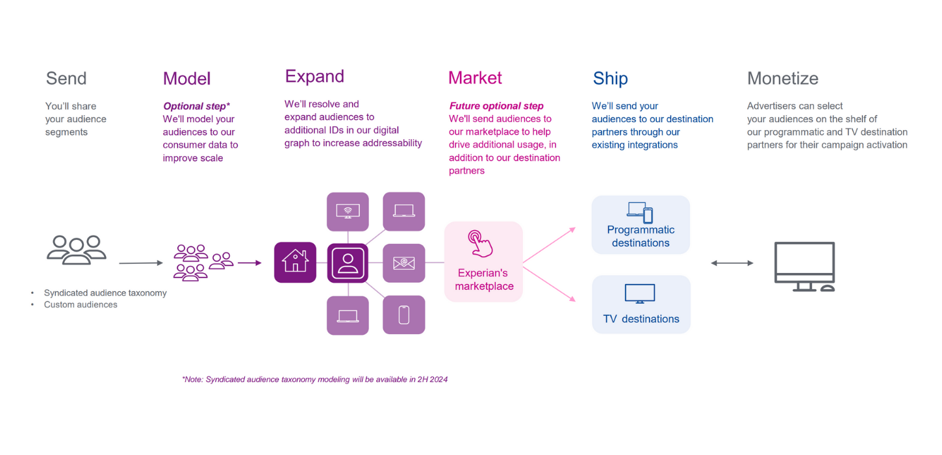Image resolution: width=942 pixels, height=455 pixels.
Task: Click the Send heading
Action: pos(66,79)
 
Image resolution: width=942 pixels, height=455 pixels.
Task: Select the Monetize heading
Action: pos(782,79)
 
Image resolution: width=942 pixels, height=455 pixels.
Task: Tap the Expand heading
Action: pos(314,77)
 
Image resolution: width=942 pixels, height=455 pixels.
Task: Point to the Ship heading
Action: pos(610,79)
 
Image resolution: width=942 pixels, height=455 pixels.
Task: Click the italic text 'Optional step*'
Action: pos(196,106)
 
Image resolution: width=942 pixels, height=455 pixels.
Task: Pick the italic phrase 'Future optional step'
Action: pos(496,106)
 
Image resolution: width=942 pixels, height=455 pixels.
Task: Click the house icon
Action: pos(295,262)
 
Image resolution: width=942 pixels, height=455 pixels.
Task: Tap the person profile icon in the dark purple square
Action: pos(348,262)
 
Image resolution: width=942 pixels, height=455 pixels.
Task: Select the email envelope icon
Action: pos(403,263)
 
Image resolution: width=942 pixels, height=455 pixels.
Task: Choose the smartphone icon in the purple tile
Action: pos(403,315)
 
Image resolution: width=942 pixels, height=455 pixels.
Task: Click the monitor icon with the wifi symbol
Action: pos(348,211)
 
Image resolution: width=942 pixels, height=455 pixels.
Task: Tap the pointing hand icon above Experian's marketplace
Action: pos(481,244)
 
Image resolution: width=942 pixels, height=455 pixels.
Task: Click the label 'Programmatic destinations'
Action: pos(641,236)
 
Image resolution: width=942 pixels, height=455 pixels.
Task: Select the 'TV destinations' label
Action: pos(641,318)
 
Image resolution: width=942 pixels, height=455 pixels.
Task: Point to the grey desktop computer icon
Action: pos(804,266)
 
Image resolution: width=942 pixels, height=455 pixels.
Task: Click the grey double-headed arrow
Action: pos(732,263)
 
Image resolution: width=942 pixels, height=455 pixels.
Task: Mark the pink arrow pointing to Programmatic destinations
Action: pos(549,245)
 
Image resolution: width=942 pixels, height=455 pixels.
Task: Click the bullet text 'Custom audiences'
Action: pos(81,304)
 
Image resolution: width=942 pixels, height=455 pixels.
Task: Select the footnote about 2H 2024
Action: pos(314,379)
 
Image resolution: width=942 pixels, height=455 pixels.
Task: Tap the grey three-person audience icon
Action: pos(77,249)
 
